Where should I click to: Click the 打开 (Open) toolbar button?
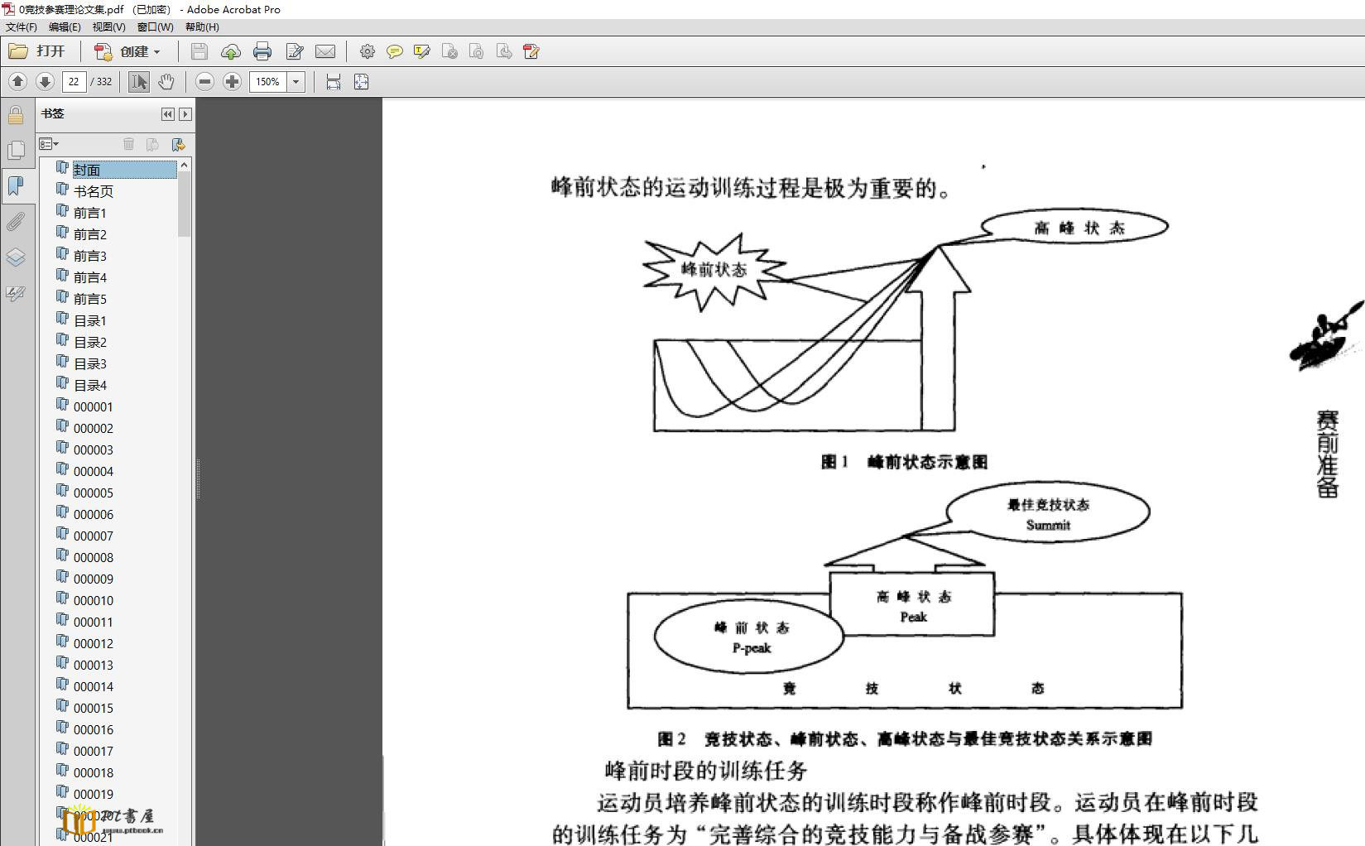click(x=37, y=51)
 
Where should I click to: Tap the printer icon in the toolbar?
click(x=262, y=52)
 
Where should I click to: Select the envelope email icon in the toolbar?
click(x=325, y=52)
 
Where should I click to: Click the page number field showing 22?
click(x=74, y=82)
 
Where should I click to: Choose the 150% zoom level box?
click(x=267, y=82)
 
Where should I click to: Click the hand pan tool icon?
click(x=166, y=82)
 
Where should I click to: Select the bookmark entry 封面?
click(x=87, y=170)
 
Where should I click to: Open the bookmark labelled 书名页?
click(x=93, y=191)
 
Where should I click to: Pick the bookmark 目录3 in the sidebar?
click(x=89, y=363)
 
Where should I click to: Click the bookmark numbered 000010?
click(x=93, y=600)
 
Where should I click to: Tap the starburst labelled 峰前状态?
click(x=714, y=270)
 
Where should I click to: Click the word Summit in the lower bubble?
click(x=1048, y=525)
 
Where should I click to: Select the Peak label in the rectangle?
click(x=913, y=617)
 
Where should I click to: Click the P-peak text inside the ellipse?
click(x=751, y=648)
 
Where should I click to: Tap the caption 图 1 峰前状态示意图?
click(x=904, y=462)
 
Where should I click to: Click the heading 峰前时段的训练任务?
click(x=706, y=771)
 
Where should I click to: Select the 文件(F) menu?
click(x=22, y=27)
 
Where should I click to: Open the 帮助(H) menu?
click(x=202, y=27)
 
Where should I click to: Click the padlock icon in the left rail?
click(x=16, y=115)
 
